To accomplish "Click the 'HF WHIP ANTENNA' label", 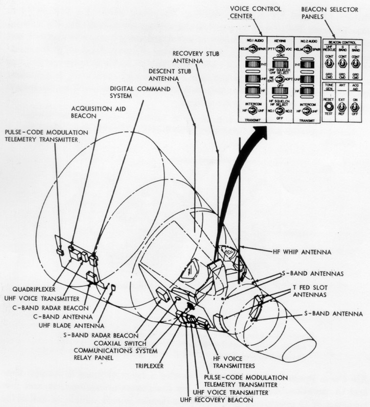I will point(301,252).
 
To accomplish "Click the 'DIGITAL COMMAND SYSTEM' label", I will point(140,92).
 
